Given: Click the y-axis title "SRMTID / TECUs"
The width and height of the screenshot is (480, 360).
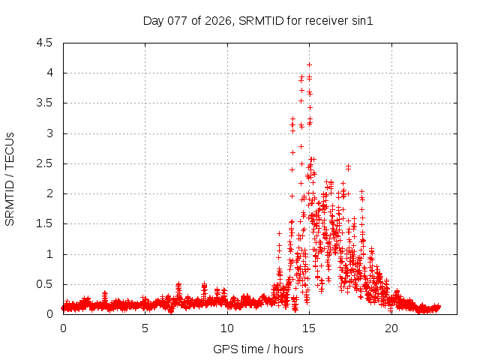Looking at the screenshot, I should click(x=10, y=178).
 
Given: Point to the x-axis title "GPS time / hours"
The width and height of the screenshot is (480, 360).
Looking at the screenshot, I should click(x=258, y=349).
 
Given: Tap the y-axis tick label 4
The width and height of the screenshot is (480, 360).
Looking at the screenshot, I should click(x=49, y=73).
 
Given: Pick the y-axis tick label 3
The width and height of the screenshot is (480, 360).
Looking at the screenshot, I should click(x=49, y=133).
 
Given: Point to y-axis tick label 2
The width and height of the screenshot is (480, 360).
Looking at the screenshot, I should click(x=49, y=193).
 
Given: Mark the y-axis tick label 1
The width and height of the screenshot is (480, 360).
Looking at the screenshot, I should click(x=49, y=254).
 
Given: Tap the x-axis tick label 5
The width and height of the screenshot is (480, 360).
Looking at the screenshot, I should click(x=145, y=328).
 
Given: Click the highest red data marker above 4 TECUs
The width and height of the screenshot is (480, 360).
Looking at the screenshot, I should click(x=309, y=65).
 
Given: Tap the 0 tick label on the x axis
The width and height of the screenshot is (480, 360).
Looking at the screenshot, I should click(x=63, y=328).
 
